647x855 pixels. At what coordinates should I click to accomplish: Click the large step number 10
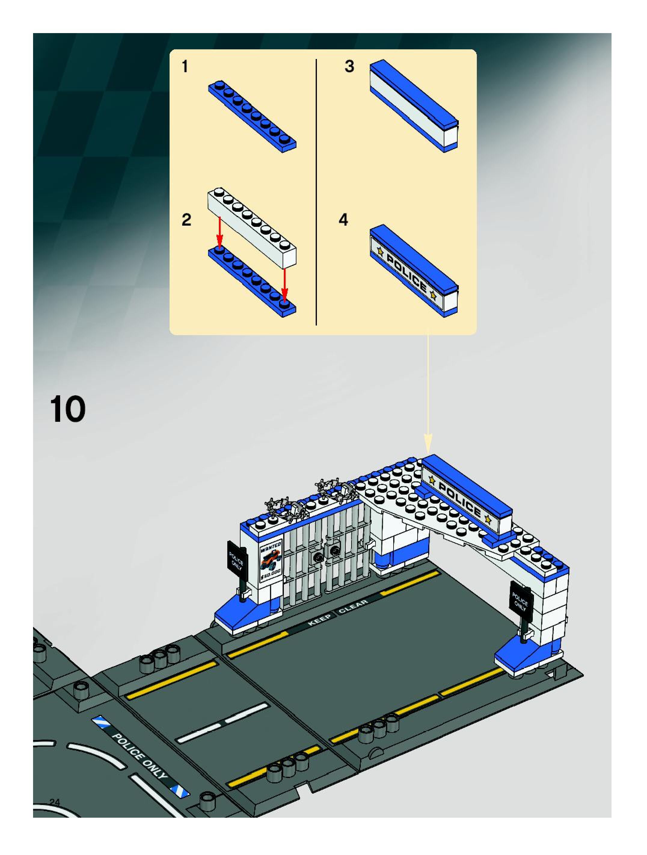[x=68, y=410]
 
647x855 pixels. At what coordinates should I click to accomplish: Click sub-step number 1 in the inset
[x=185, y=67]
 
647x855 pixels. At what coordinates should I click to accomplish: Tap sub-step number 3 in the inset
[x=349, y=66]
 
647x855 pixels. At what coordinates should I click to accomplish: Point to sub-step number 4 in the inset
[x=343, y=220]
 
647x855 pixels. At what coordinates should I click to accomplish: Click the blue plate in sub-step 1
[x=252, y=116]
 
